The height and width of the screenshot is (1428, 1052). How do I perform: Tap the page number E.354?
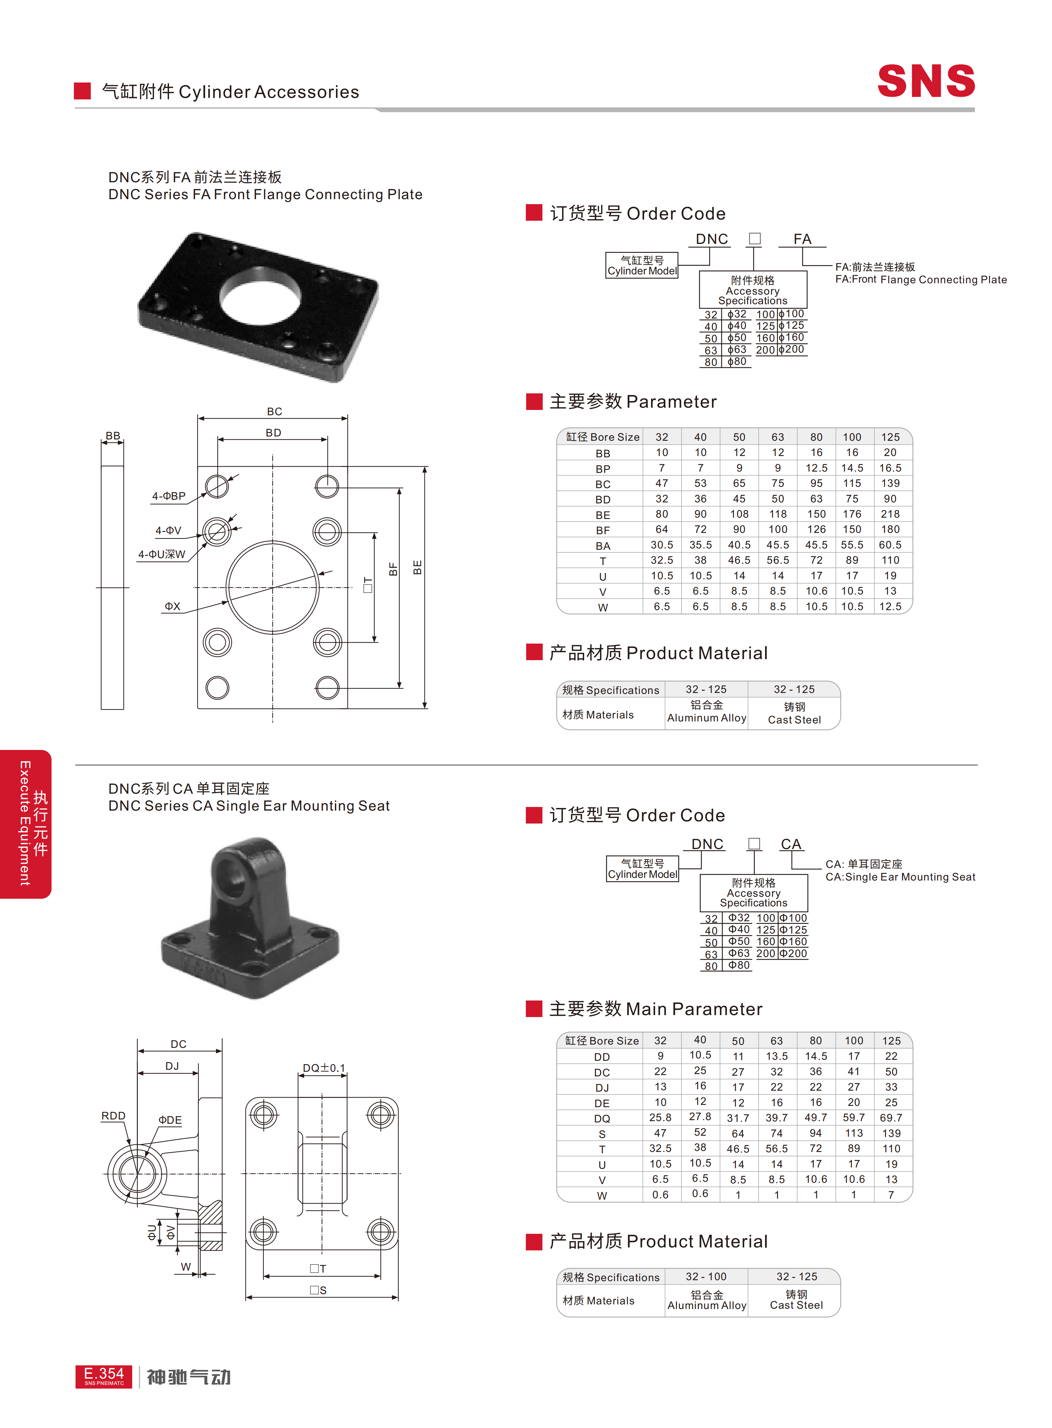click(x=104, y=1373)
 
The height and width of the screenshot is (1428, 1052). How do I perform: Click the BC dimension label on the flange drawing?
click(x=274, y=412)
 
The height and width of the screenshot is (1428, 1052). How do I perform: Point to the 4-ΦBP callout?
click(x=169, y=495)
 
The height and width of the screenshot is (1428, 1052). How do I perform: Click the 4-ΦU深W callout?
click(x=162, y=554)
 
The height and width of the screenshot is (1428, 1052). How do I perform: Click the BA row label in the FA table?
click(x=602, y=546)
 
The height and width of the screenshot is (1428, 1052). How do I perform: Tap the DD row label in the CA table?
click(x=602, y=1057)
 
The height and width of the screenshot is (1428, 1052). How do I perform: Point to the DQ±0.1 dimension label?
click(x=323, y=1068)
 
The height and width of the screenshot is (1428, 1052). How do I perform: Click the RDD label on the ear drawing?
click(x=113, y=1116)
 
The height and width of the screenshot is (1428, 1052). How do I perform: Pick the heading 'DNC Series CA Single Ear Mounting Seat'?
click(x=249, y=806)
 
